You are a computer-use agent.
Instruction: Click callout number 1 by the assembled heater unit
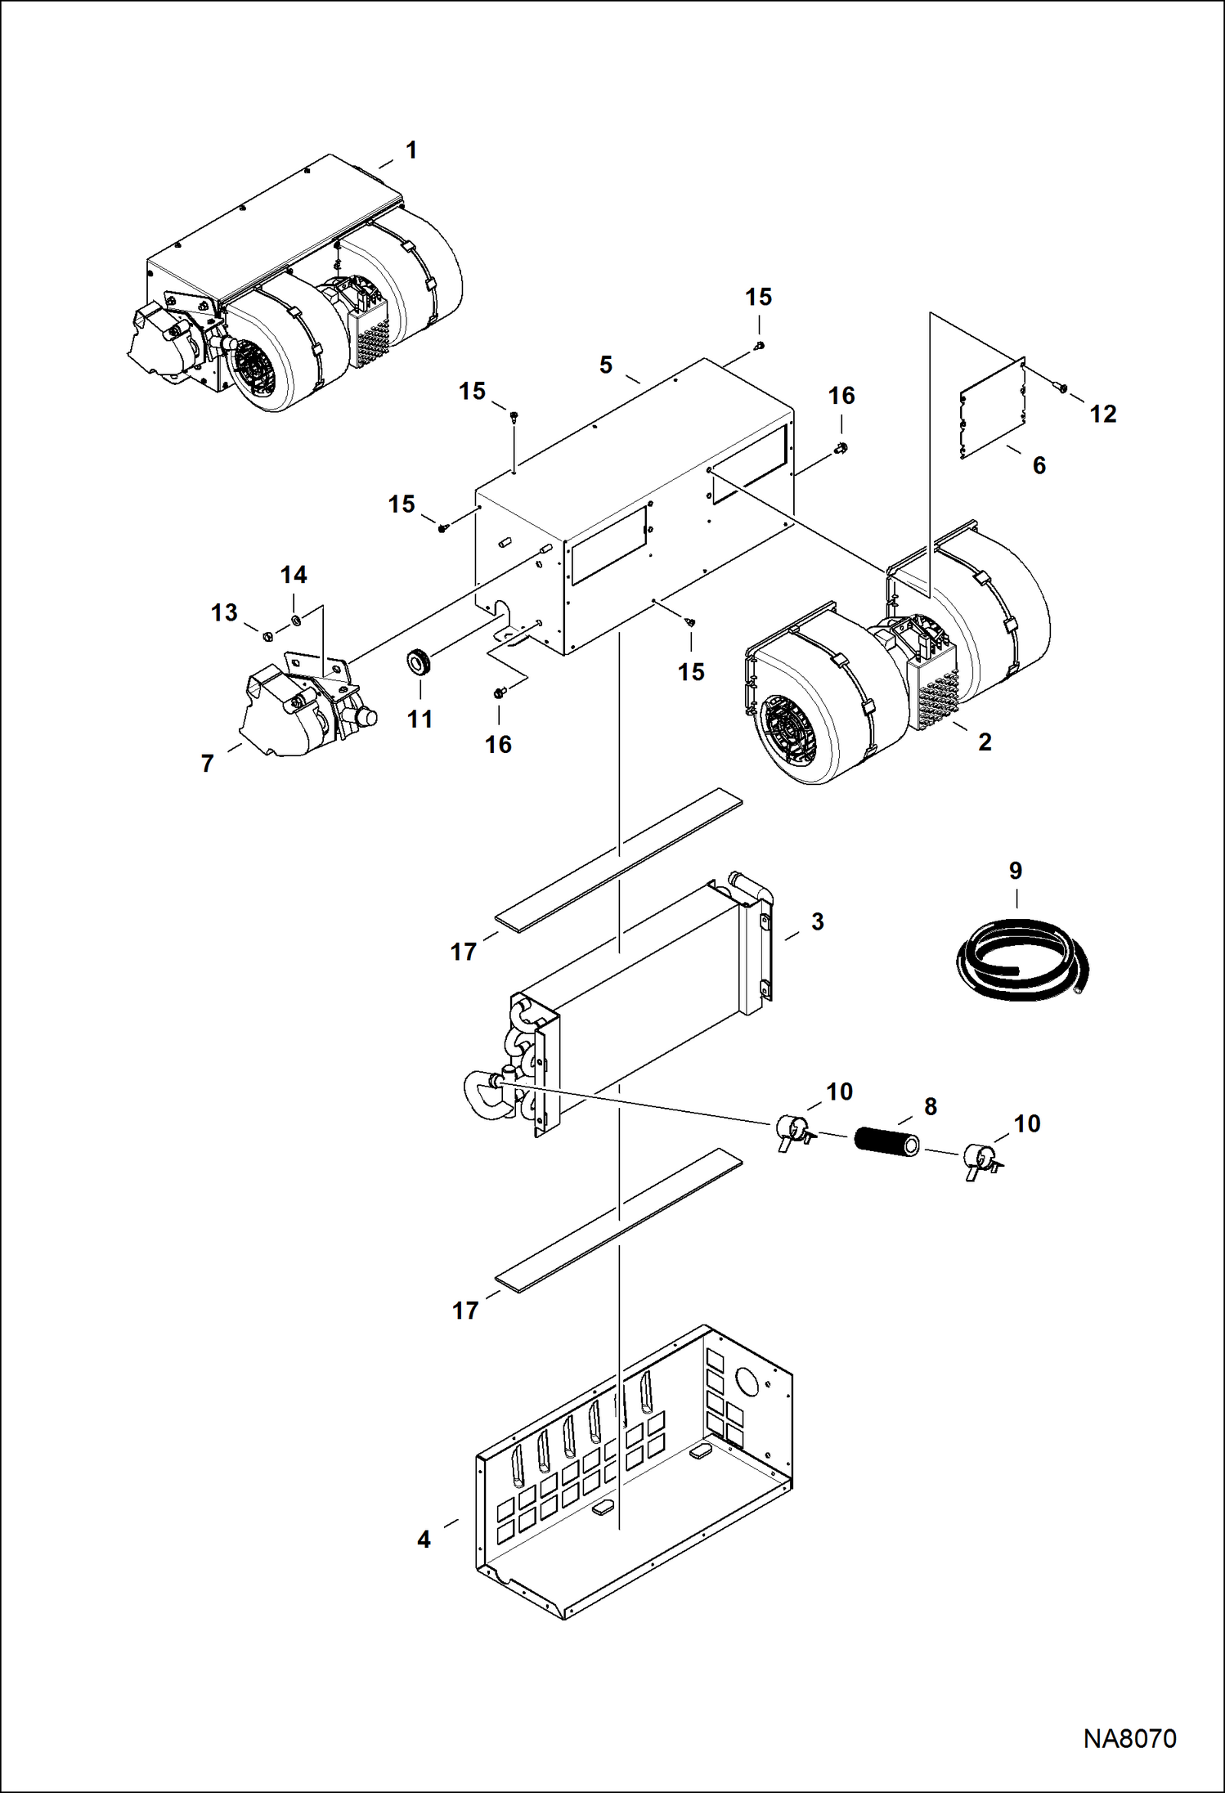pos(411,150)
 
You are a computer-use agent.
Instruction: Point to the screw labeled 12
pos(1062,388)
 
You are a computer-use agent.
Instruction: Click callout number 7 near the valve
pos(208,763)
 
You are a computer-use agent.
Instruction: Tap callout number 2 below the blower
pos(985,742)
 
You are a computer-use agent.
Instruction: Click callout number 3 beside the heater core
pos(817,921)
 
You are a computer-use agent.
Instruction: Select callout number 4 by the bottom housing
pos(424,1540)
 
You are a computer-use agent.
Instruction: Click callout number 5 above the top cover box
pos(605,365)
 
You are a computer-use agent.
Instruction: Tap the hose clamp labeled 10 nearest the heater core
pos(791,1130)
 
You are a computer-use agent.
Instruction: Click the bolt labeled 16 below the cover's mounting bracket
pos(498,693)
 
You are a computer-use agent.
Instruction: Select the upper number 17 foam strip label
pos(464,952)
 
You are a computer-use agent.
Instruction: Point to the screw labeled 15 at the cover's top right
pos(760,347)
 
